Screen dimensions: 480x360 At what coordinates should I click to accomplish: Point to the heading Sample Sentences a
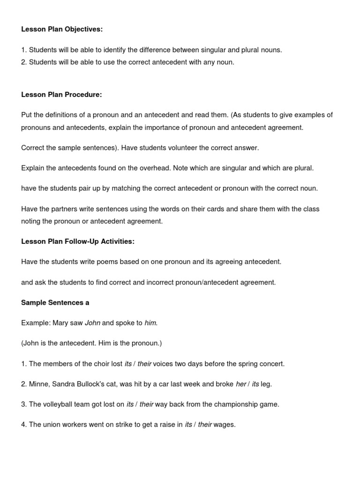click(x=55, y=303)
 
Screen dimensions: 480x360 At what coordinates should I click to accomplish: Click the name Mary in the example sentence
click(x=60, y=323)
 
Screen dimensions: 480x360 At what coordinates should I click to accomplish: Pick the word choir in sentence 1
click(x=104, y=364)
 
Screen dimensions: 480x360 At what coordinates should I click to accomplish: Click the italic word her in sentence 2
click(x=241, y=384)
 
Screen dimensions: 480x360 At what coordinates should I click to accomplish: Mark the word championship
click(x=229, y=405)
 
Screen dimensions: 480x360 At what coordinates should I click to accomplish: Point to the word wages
click(x=225, y=425)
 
